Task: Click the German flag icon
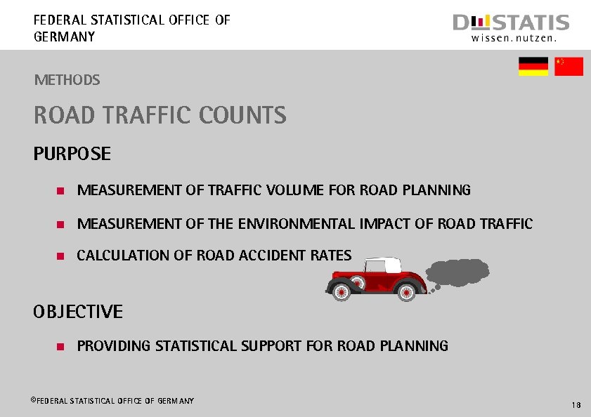[x=533, y=67]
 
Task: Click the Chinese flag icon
[x=569, y=67]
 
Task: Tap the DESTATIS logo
[x=511, y=29]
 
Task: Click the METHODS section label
[x=67, y=80]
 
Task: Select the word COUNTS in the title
[x=243, y=115]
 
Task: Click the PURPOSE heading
[x=72, y=154]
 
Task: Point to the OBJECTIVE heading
[x=78, y=312]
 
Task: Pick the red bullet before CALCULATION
[x=60, y=256]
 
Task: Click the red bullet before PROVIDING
[x=60, y=347]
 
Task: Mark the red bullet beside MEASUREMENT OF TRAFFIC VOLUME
[x=60, y=191]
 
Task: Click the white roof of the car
[x=383, y=265]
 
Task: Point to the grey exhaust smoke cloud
[x=459, y=272]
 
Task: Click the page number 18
[x=576, y=405]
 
